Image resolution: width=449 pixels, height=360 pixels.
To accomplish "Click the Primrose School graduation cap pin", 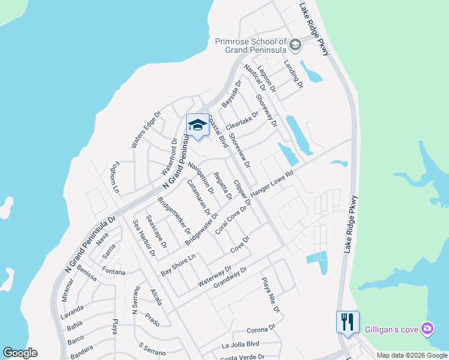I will pyautogui.click(x=295, y=44).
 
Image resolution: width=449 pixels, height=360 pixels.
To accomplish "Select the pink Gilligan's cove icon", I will pyautogui.click(x=427, y=328).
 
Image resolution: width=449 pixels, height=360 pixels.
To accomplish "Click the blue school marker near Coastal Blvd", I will pyautogui.click(x=197, y=125).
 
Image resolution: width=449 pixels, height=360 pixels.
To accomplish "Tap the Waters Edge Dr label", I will pyautogui.click(x=146, y=129).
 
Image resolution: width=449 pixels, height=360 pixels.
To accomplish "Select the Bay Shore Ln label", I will pyautogui.click(x=178, y=265).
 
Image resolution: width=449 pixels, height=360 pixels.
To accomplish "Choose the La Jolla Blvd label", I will pyautogui.click(x=240, y=344).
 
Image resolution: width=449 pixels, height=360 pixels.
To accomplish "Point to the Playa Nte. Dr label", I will pyautogui.click(x=271, y=295).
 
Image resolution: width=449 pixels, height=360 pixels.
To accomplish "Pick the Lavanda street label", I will pyautogui.click(x=72, y=311).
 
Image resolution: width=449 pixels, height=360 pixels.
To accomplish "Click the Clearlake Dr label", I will pyautogui.click(x=242, y=120).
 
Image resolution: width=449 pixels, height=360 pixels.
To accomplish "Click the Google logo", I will pyautogui.click(x=20, y=353).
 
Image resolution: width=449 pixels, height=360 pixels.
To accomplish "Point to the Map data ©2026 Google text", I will pyautogui.click(x=412, y=355).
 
